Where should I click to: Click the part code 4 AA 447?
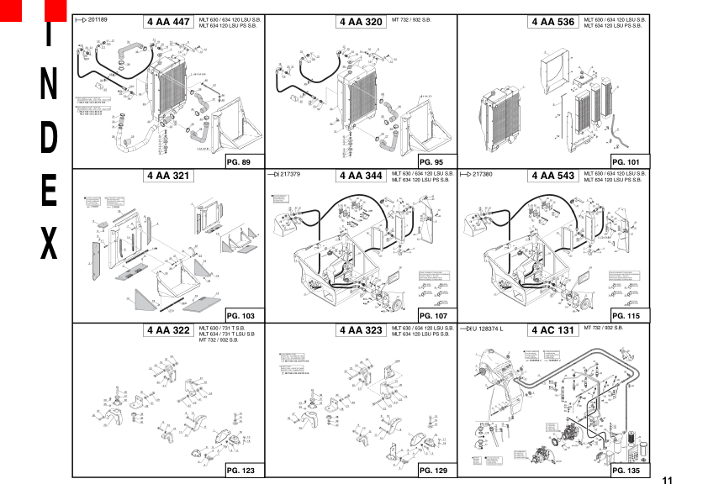(x=168, y=22)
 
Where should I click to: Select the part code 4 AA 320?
(x=361, y=22)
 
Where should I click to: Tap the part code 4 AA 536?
(x=552, y=22)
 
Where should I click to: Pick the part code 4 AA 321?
(x=168, y=176)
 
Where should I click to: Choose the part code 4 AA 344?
(x=361, y=176)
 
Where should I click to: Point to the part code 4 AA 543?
(x=552, y=176)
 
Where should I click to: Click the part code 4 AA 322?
(x=168, y=330)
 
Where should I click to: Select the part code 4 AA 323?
(x=361, y=330)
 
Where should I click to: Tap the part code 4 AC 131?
(x=552, y=330)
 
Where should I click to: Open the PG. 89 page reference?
(x=240, y=161)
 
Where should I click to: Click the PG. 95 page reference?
(x=432, y=161)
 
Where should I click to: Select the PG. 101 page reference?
(x=626, y=161)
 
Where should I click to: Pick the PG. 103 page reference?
(x=240, y=315)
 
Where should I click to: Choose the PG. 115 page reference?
(x=626, y=315)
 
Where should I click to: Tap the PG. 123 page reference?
(x=240, y=470)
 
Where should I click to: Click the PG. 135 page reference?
(x=626, y=470)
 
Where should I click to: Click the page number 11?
(x=668, y=481)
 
